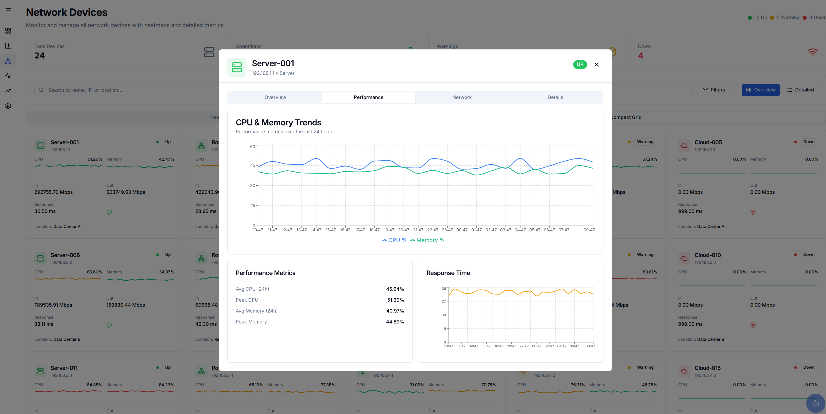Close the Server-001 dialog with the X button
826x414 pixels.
[x=596, y=65]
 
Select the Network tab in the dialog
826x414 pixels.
[x=462, y=97]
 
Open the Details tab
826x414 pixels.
[x=555, y=97]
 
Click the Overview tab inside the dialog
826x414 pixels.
[x=275, y=97]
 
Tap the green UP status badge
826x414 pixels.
[x=580, y=65]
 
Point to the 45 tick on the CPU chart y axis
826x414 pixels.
[x=253, y=165]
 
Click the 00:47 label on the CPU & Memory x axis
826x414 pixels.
[x=462, y=230]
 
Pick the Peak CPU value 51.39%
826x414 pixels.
[x=395, y=300]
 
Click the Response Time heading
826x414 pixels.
[x=448, y=273]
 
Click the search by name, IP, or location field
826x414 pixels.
[x=128, y=90]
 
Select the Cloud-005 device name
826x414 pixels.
[x=708, y=142]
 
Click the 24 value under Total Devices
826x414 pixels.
[x=39, y=56]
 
